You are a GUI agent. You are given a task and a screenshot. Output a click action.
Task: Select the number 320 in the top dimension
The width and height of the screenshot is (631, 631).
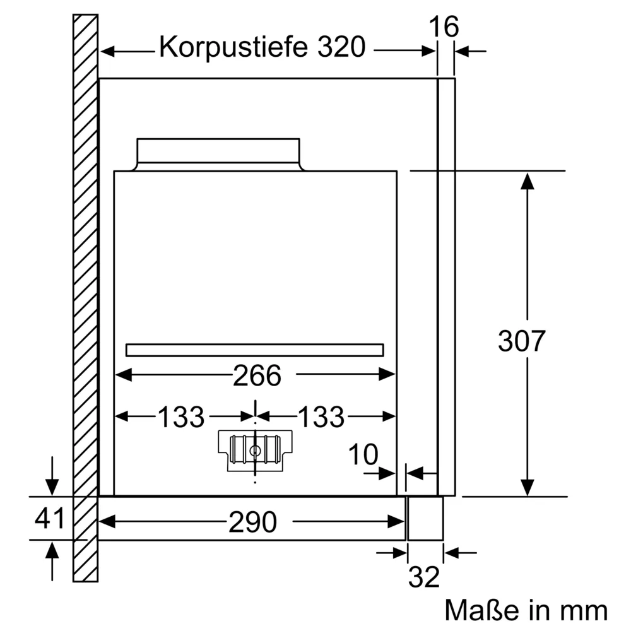tap(341, 47)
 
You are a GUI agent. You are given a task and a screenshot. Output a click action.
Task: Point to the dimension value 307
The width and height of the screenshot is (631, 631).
tap(521, 341)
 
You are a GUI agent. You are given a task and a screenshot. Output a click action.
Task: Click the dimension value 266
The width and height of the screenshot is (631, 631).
tap(256, 377)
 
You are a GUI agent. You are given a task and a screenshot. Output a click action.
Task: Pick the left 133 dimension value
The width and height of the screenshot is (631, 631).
tap(181, 417)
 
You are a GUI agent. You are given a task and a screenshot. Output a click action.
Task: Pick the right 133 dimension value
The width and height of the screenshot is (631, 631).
tap(321, 417)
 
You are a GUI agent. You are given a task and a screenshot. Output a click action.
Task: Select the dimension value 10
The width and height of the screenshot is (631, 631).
tap(363, 454)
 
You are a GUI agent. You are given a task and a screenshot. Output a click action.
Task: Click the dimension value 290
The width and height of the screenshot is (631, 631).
tap(252, 522)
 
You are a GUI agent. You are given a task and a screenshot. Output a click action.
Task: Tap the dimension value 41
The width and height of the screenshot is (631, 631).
tap(50, 519)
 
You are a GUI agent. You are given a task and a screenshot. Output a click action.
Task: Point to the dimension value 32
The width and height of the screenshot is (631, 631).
tap(424, 577)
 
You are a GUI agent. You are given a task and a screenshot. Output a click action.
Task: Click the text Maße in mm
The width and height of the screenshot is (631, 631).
tap(526, 610)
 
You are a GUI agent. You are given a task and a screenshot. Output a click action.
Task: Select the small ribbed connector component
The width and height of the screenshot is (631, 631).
tap(255, 449)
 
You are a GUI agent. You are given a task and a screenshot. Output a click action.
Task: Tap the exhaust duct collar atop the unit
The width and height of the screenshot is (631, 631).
tap(218, 154)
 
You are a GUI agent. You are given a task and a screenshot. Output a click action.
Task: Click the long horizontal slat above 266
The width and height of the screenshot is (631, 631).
tap(255, 350)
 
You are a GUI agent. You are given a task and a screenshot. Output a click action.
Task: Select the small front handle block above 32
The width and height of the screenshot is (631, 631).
tap(425, 517)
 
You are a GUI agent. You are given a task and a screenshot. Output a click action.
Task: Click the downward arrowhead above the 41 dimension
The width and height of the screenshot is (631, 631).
tap(52, 487)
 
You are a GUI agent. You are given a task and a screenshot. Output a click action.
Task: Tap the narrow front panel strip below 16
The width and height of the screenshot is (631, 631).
tap(447, 284)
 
